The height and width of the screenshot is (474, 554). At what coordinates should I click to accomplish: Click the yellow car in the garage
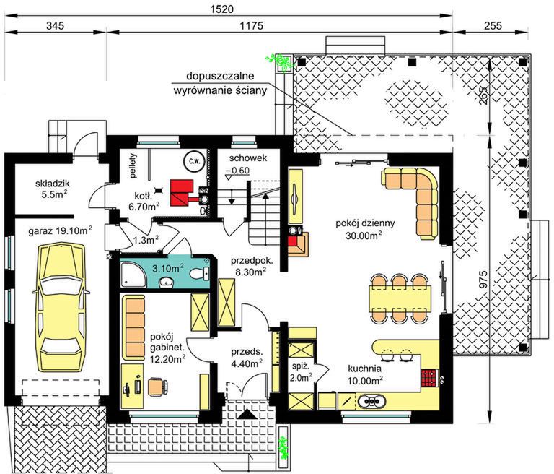pyautogui.click(x=61, y=307)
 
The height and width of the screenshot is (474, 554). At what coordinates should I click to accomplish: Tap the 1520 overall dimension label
pyautogui.click(x=222, y=9)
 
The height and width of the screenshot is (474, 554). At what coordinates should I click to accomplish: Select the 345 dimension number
pyautogui.click(x=56, y=25)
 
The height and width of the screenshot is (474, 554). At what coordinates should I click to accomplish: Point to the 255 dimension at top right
pyautogui.click(x=492, y=25)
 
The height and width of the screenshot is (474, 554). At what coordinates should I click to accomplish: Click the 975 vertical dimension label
pyautogui.click(x=483, y=279)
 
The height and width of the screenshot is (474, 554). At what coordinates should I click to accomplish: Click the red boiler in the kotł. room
pyautogui.click(x=182, y=193)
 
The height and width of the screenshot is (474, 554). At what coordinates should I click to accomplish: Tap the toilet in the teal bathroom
pyautogui.click(x=200, y=274)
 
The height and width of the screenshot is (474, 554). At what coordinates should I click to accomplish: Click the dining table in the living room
pyautogui.click(x=400, y=298)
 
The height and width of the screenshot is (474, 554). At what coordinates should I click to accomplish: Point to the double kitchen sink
pyautogui.click(x=371, y=401)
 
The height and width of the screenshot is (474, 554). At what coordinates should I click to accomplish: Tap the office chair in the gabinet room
pyautogui.click(x=158, y=386)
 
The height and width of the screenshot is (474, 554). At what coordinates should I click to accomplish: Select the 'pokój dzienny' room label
pyautogui.click(x=365, y=223)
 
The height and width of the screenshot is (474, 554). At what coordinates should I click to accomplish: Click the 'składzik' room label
pyautogui.click(x=52, y=184)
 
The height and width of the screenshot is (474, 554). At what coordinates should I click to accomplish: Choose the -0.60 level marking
pyautogui.click(x=238, y=171)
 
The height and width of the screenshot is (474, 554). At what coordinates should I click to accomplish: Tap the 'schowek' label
pyautogui.click(x=248, y=158)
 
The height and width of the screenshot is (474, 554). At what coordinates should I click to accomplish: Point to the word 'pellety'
pyautogui.click(x=133, y=165)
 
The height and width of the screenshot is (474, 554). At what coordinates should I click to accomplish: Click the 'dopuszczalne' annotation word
pyautogui.click(x=220, y=76)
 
